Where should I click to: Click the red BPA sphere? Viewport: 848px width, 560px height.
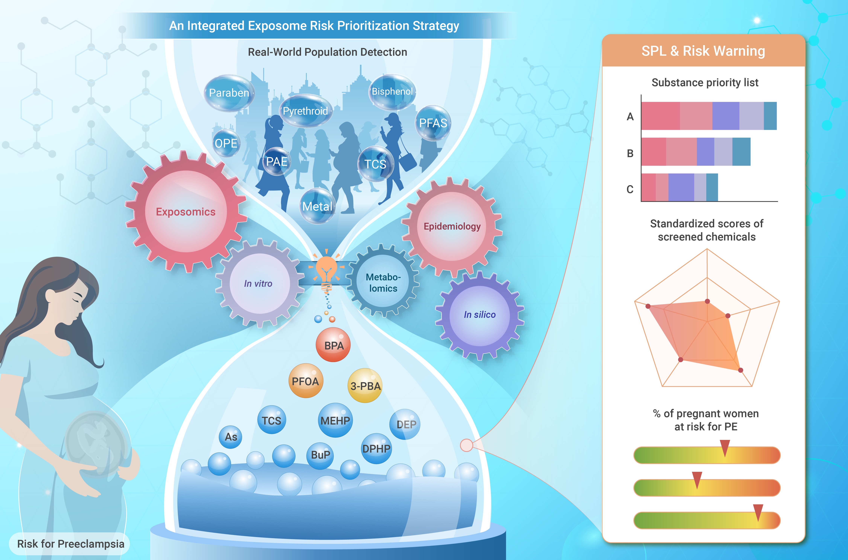[x=333, y=345]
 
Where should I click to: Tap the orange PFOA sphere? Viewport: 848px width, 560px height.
[x=305, y=381]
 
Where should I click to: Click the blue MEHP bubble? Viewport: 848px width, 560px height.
[x=335, y=420]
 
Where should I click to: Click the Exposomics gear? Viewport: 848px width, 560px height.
[x=186, y=212]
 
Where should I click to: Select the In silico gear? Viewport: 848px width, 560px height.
[x=479, y=315]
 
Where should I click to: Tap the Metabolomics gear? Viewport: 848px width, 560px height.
[x=383, y=282]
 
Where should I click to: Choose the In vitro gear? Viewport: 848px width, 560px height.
[x=259, y=284]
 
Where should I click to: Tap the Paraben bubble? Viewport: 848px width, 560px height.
[x=229, y=93]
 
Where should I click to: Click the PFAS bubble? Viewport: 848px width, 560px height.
[x=433, y=123]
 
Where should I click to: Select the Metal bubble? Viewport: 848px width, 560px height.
[x=317, y=206]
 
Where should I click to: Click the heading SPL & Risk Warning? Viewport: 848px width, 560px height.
[x=703, y=51]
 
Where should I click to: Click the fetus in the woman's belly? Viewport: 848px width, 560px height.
[x=96, y=443]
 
